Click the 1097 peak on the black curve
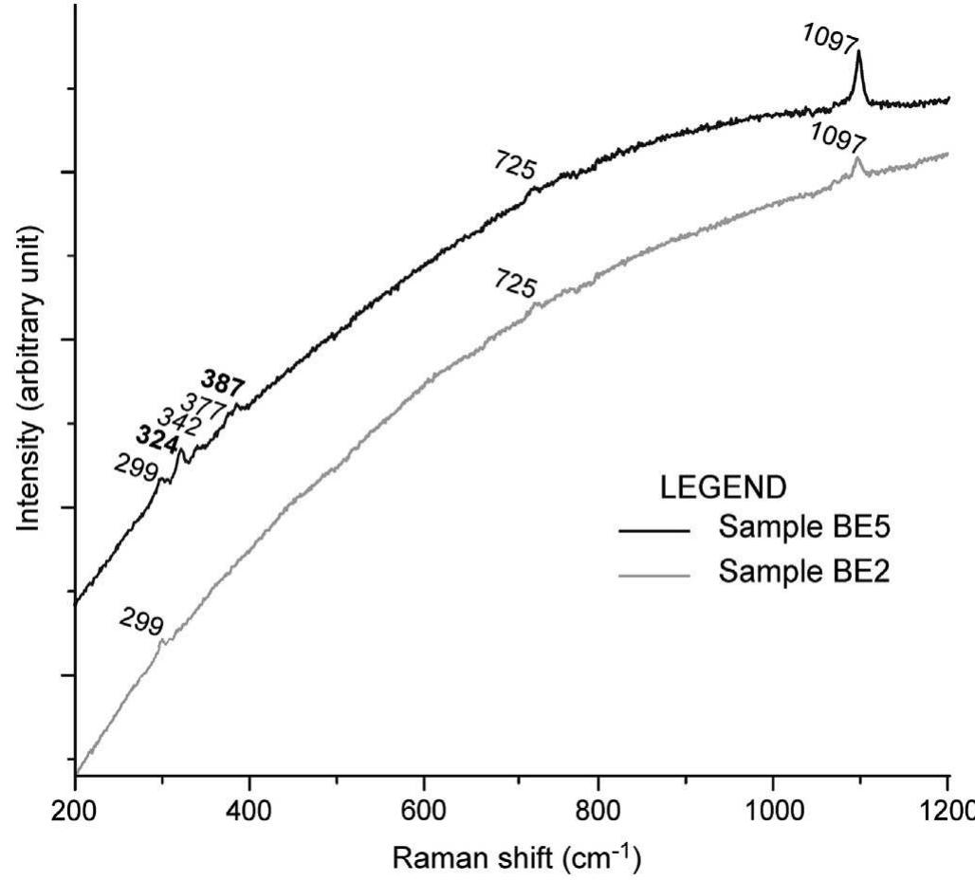[x=858, y=54]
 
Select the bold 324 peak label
[x=157, y=440]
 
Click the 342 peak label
[x=178, y=423]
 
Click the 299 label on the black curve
[x=136, y=468]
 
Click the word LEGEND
[x=723, y=487]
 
